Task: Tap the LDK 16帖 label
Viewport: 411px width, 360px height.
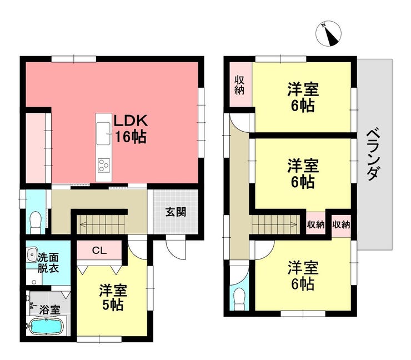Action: [x=131, y=129]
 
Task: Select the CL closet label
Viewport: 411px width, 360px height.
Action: [x=99, y=251]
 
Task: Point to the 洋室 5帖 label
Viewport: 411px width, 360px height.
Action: [x=113, y=297]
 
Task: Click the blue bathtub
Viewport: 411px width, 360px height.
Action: [x=47, y=327]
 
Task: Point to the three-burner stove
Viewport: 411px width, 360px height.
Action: [x=103, y=164]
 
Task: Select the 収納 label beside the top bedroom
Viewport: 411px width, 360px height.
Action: [x=239, y=85]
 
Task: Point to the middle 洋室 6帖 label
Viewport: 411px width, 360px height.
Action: [x=302, y=173]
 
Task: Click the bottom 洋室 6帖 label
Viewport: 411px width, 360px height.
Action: [x=302, y=276]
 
